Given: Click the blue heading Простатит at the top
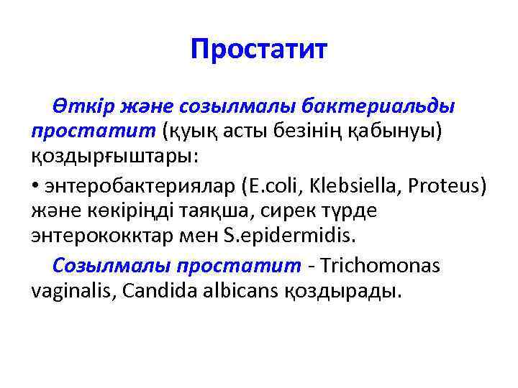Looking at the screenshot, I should click(x=259, y=50).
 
